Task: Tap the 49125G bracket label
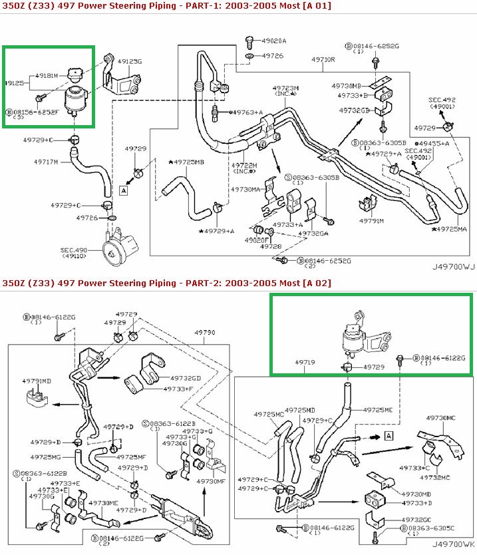(x=130, y=62)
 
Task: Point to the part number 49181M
(x=47, y=75)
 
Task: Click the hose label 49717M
(x=47, y=161)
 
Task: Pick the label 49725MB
(x=187, y=162)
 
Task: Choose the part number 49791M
(x=372, y=220)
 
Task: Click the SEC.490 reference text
(x=75, y=250)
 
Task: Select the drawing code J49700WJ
(x=452, y=268)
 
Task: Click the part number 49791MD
(x=37, y=381)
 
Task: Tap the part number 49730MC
(x=440, y=417)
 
